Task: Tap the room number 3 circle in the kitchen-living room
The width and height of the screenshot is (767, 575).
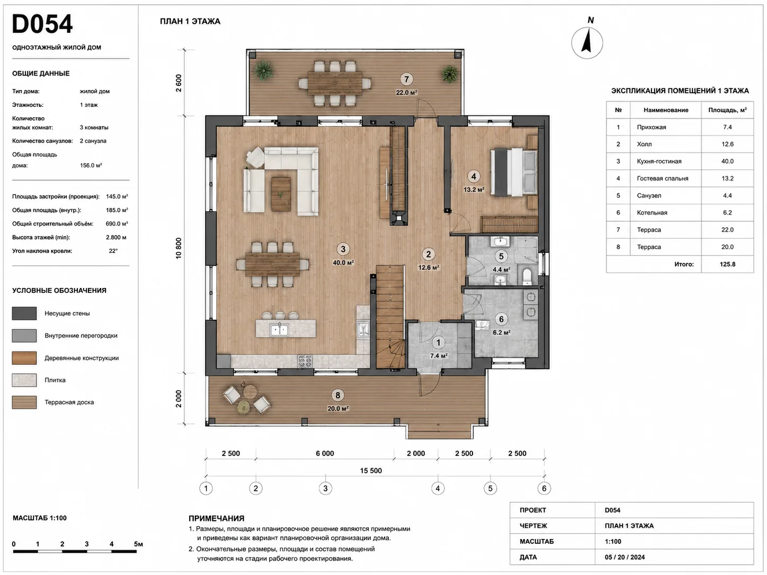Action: point(343,249)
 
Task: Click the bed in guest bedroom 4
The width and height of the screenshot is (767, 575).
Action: point(514,172)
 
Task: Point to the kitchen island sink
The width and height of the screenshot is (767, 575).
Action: point(280,329)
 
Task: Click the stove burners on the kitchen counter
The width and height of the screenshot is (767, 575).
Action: point(305,361)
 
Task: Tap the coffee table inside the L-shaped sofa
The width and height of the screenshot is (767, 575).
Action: point(281,194)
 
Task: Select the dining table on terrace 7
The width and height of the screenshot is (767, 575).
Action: point(335,83)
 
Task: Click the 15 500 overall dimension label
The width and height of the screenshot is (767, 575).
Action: point(371,471)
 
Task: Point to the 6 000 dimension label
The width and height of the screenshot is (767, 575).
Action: point(325,453)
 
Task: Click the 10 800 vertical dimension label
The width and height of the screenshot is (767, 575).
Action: point(179,248)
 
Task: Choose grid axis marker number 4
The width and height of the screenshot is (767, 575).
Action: point(438,488)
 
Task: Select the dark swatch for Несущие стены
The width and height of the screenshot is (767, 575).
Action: point(24,313)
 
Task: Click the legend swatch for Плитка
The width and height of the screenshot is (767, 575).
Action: point(24,380)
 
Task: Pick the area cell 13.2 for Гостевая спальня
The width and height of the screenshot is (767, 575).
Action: point(727,178)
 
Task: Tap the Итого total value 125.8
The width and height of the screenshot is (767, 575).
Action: point(727,264)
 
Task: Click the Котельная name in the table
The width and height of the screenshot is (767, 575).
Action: point(652,213)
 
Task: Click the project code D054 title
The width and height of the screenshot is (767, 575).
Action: point(42,24)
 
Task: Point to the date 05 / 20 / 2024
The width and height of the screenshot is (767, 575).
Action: point(625,557)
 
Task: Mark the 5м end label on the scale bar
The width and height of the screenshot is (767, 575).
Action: point(138,544)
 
